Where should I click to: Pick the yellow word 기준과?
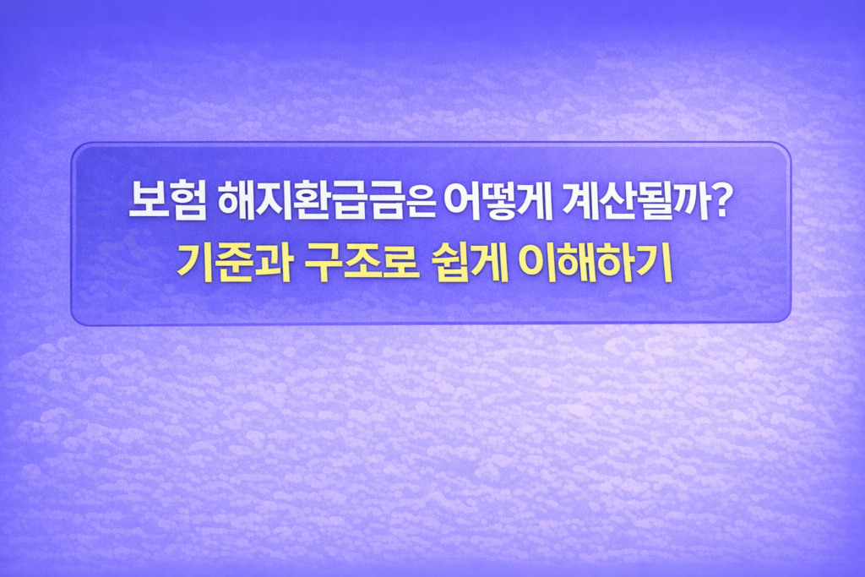tap(235, 263)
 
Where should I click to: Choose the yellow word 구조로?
tap(362, 263)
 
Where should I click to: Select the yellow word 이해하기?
tap(596, 263)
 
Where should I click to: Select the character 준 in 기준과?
tap(235, 263)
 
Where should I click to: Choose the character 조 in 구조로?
tap(362, 263)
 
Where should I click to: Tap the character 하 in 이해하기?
tap(616, 263)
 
